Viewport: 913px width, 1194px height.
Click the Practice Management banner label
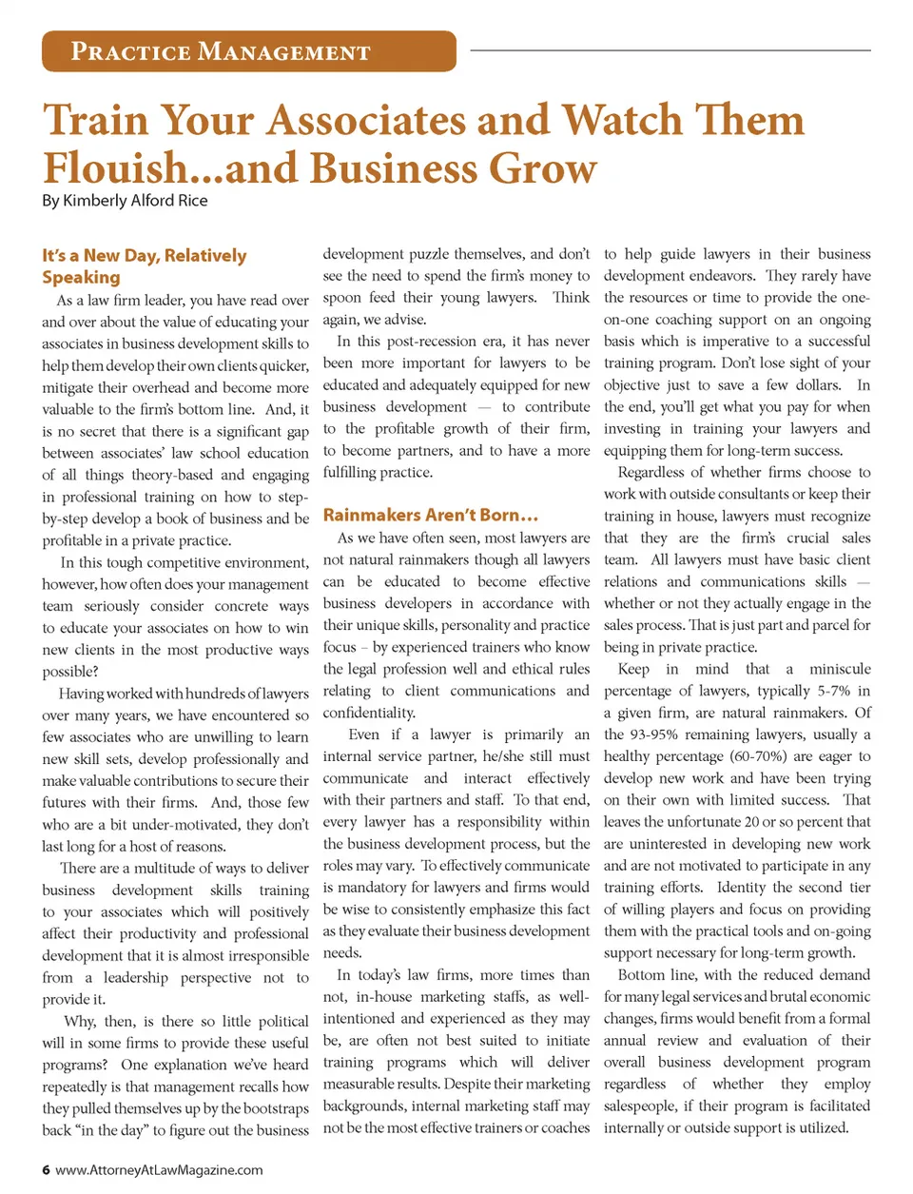click(x=221, y=51)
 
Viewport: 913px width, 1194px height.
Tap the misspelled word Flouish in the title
click(x=115, y=168)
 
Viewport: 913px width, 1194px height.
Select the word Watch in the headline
click(x=622, y=121)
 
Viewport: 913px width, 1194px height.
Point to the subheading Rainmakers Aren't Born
click(x=430, y=515)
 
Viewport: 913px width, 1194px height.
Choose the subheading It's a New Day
click(x=144, y=256)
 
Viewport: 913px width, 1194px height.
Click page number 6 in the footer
click(x=46, y=1169)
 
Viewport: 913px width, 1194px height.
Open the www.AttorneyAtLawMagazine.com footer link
click(x=159, y=1169)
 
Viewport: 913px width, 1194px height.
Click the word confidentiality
click(x=369, y=713)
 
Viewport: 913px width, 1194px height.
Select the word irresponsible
click(x=262, y=955)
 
